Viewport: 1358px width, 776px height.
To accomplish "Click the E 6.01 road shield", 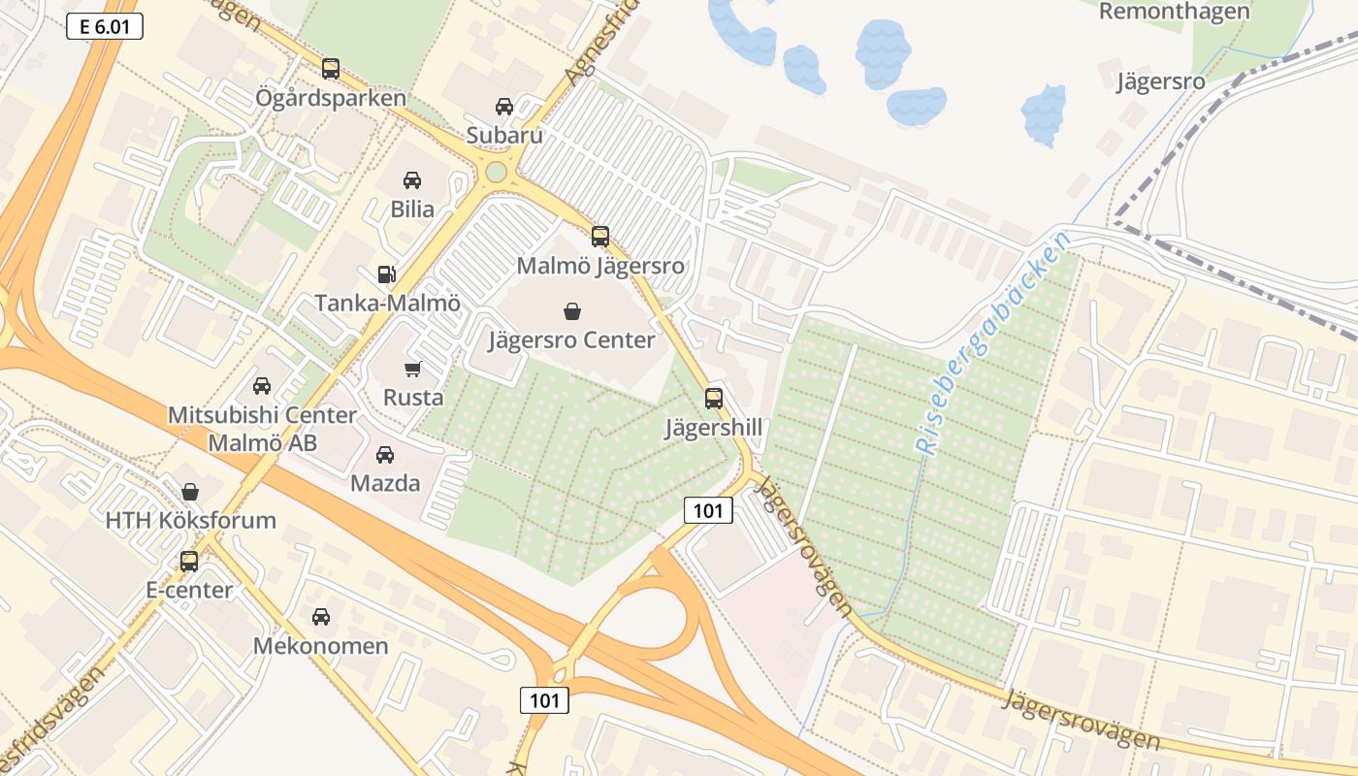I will point(105,27).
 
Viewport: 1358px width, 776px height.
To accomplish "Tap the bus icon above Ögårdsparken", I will point(331,69).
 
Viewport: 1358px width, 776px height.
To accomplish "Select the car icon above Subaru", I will point(504,107).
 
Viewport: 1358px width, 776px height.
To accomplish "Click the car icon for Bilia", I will point(412,180).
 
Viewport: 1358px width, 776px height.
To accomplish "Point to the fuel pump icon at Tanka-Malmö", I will point(387,275).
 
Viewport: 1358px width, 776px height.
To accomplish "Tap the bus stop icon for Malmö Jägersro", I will point(600,236).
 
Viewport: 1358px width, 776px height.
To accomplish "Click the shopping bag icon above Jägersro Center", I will point(572,311).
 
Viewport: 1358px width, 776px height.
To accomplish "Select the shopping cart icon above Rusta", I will point(413,369).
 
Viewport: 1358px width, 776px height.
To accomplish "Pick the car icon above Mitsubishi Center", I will point(262,386).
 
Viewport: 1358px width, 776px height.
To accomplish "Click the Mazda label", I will point(385,483).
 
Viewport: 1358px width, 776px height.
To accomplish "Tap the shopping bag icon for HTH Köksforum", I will point(190,492).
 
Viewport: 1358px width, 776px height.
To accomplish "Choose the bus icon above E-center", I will point(189,561).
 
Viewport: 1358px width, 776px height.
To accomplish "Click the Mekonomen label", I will point(320,645).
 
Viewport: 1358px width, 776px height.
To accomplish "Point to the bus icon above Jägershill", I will point(714,398).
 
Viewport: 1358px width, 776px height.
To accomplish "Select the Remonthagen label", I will point(1175,12).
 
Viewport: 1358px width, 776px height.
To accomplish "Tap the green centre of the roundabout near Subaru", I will point(497,172).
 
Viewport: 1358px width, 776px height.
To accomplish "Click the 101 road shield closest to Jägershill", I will point(708,510).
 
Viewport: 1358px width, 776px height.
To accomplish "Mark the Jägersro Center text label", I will point(571,340).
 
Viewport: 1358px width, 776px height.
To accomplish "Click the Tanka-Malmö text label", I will point(387,303).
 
